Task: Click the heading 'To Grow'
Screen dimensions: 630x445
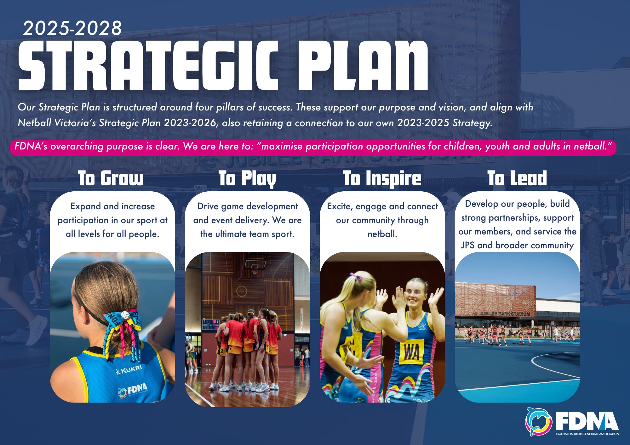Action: point(111,178)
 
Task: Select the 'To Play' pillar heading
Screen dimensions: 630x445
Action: point(247,179)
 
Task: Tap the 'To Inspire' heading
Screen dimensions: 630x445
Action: point(382,179)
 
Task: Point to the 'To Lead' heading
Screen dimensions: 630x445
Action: point(517,178)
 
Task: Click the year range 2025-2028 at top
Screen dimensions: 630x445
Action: point(72,28)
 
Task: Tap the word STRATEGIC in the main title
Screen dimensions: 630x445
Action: point(148,65)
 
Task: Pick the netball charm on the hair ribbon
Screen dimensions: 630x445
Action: point(125,315)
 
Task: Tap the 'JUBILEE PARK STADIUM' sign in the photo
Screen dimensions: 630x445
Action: point(502,313)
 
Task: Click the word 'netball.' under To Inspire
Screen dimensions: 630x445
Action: point(382,234)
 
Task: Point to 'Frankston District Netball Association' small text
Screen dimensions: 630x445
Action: point(587,434)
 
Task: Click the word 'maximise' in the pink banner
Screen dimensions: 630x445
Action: point(282,146)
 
